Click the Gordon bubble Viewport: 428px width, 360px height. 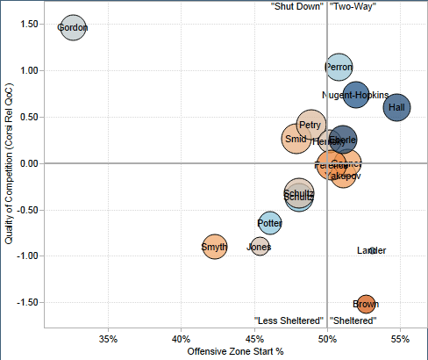coord(73,28)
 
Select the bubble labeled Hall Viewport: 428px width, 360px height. coord(396,107)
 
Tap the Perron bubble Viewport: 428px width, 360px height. coord(339,67)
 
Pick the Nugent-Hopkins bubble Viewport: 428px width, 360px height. coord(356,95)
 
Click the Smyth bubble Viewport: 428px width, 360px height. coord(215,248)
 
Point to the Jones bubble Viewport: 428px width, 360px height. coord(260,247)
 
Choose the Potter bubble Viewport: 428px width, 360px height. coord(270,223)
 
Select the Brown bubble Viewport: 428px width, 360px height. coord(366,304)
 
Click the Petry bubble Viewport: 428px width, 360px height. coord(310,126)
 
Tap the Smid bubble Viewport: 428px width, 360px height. coord(296,139)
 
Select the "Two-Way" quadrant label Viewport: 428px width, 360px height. coord(353,6)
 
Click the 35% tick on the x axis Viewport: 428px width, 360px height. coord(109,338)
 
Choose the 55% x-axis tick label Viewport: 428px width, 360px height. coord(399,338)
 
